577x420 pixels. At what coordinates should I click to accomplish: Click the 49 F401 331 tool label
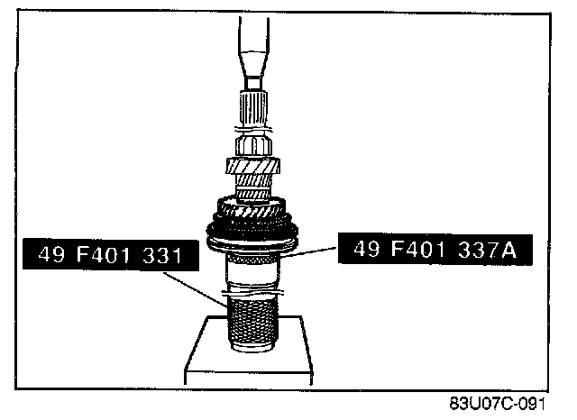click(x=111, y=255)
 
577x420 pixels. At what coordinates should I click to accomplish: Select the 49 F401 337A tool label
click(x=435, y=249)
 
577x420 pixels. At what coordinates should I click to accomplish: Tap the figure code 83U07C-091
click(x=497, y=404)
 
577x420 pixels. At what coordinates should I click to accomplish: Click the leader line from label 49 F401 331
click(x=196, y=289)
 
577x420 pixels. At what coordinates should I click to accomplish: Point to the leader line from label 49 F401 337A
click(x=310, y=251)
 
